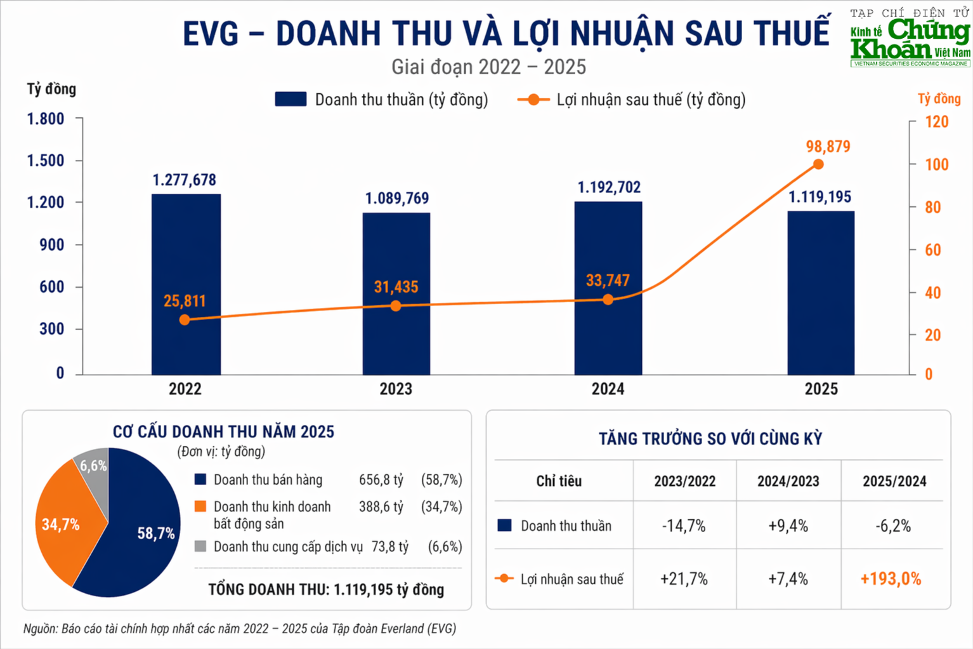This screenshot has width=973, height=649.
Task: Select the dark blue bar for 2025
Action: (821, 292)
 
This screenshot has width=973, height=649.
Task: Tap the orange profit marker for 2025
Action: (818, 164)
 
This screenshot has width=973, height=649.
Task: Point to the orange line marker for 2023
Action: (396, 306)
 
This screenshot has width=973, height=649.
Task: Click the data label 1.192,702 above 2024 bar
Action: (609, 187)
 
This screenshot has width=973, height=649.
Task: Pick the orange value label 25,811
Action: (185, 301)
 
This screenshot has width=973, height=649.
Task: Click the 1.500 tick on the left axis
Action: (46, 161)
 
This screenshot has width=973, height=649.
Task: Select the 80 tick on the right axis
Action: (932, 207)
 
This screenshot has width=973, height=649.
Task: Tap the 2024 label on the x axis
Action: (608, 389)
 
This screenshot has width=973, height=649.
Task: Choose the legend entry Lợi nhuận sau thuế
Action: (632, 100)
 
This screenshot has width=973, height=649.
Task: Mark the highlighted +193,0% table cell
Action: (891, 579)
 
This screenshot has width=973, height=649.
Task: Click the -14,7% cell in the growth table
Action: (684, 526)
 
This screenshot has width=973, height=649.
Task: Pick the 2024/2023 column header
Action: (788, 481)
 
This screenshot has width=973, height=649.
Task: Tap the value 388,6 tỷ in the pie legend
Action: (381, 507)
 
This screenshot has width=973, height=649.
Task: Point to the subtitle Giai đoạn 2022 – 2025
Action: (488, 67)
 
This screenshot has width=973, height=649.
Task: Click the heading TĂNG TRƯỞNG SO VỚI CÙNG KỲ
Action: (710, 439)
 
